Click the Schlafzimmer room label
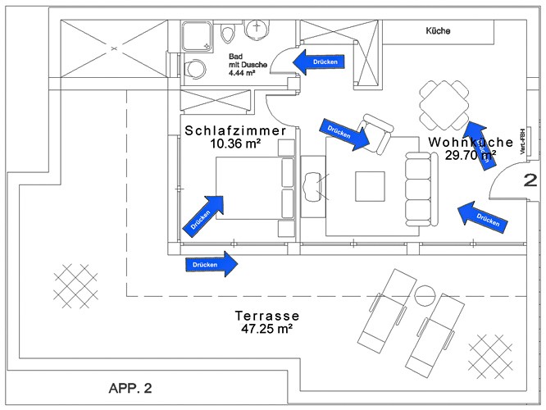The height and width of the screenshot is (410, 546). (234, 130)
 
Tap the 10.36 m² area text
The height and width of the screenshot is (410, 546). (235, 143)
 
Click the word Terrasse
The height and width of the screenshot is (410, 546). (266, 315)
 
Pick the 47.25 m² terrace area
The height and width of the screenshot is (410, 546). (266, 328)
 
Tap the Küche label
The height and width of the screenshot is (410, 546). (438, 31)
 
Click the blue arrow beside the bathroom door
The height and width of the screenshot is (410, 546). (320, 61)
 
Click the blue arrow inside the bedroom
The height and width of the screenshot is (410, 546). (205, 212)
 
